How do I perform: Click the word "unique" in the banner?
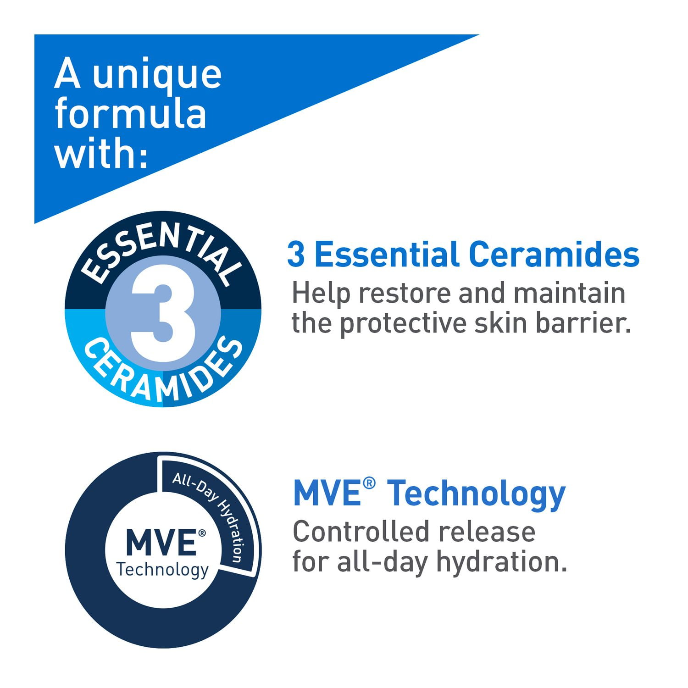(x=157, y=76)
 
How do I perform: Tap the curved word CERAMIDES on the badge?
(x=163, y=374)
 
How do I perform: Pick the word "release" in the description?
(x=487, y=533)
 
